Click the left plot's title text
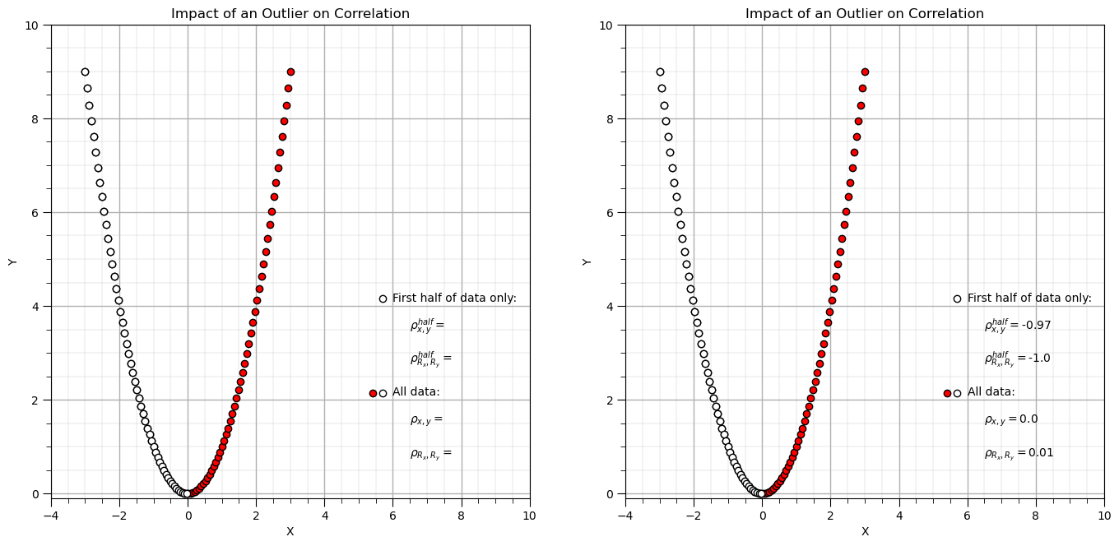tap(290, 14)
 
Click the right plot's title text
tap(864, 14)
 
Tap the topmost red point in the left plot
tap(290, 72)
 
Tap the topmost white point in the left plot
tap(85, 72)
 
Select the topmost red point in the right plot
tap(865, 72)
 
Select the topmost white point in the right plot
tap(660, 72)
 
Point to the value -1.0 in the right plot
tap(1039, 359)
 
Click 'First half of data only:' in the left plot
tap(454, 298)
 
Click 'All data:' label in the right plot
tap(991, 392)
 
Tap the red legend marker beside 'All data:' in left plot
tap(373, 393)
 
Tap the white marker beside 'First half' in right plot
tap(957, 298)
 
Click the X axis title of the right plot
tap(865, 532)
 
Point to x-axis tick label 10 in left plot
tap(529, 515)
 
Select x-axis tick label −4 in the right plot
tap(625, 515)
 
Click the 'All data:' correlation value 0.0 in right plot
tap(1028, 419)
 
